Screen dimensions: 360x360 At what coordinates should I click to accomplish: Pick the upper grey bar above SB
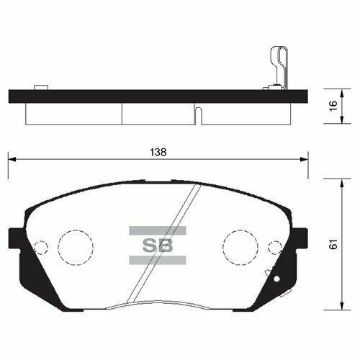157,230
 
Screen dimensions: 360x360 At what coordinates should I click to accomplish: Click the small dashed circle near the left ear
41,248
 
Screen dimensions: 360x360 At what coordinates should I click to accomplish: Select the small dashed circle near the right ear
274,248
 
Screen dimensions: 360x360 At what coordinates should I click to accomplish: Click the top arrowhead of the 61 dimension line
338,181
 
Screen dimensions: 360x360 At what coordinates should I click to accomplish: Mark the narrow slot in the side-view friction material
198,114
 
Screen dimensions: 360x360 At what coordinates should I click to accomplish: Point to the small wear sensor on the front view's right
271,276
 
